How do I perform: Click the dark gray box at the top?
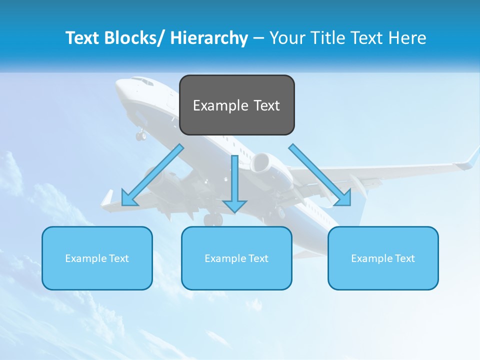(236, 105)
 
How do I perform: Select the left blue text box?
(97, 258)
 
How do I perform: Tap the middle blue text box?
(236, 258)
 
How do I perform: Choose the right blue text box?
(383, 258)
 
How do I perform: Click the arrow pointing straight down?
(235, 185)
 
